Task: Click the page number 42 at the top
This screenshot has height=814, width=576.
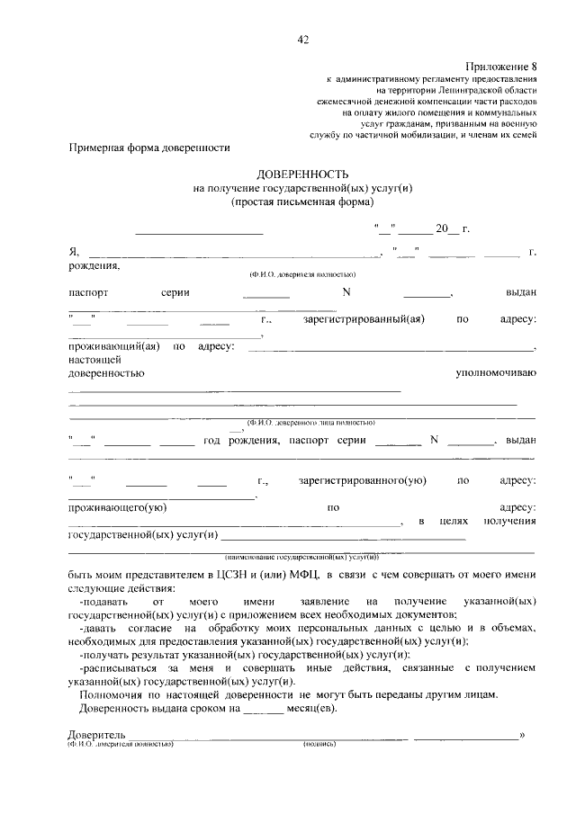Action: point(302,39)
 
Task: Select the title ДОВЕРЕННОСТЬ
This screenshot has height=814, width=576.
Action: point(301,173)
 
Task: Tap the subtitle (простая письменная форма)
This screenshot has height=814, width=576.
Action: point(301,202)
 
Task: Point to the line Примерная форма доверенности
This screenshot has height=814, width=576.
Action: point(149,148)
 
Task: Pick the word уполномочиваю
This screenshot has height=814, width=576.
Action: point(496,371)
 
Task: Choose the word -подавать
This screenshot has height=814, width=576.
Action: point(105,599)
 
